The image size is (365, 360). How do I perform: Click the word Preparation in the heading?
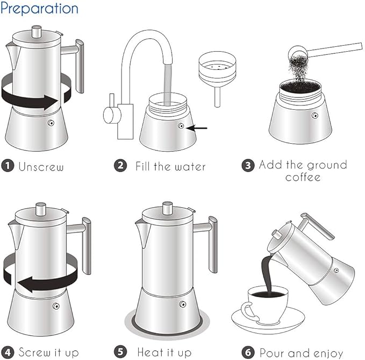[x=39, y=9]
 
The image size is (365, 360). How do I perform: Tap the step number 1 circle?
[x=7, y=166]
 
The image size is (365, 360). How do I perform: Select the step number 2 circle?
[x=121, y=166]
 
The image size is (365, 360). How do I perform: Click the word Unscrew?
[x=41, y=166]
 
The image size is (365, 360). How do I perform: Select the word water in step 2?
[x=188, y=166]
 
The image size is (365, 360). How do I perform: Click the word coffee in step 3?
[x=303, y=177]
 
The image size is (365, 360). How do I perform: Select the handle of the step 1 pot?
[x=79, y=65]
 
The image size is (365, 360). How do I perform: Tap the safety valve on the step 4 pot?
[x=56, y=306]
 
